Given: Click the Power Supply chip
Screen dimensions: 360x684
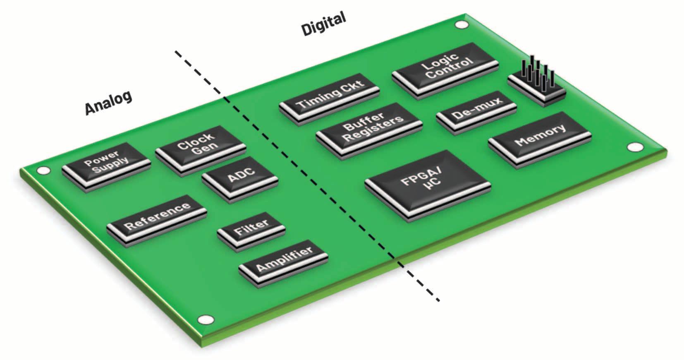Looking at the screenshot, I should [x=105, y=163].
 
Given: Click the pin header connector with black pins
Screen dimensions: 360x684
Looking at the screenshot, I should [x=536, y=83].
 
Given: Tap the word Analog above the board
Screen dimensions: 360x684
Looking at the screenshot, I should [x=108, y=102].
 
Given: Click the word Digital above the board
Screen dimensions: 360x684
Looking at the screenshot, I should [x=323, y=24].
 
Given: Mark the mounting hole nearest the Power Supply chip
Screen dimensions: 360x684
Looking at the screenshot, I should [x=43, y=170].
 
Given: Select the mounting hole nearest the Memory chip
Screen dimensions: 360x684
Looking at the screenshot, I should [x=634, y=147].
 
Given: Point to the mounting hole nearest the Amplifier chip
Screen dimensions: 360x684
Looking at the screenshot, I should [x=205, y=319].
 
